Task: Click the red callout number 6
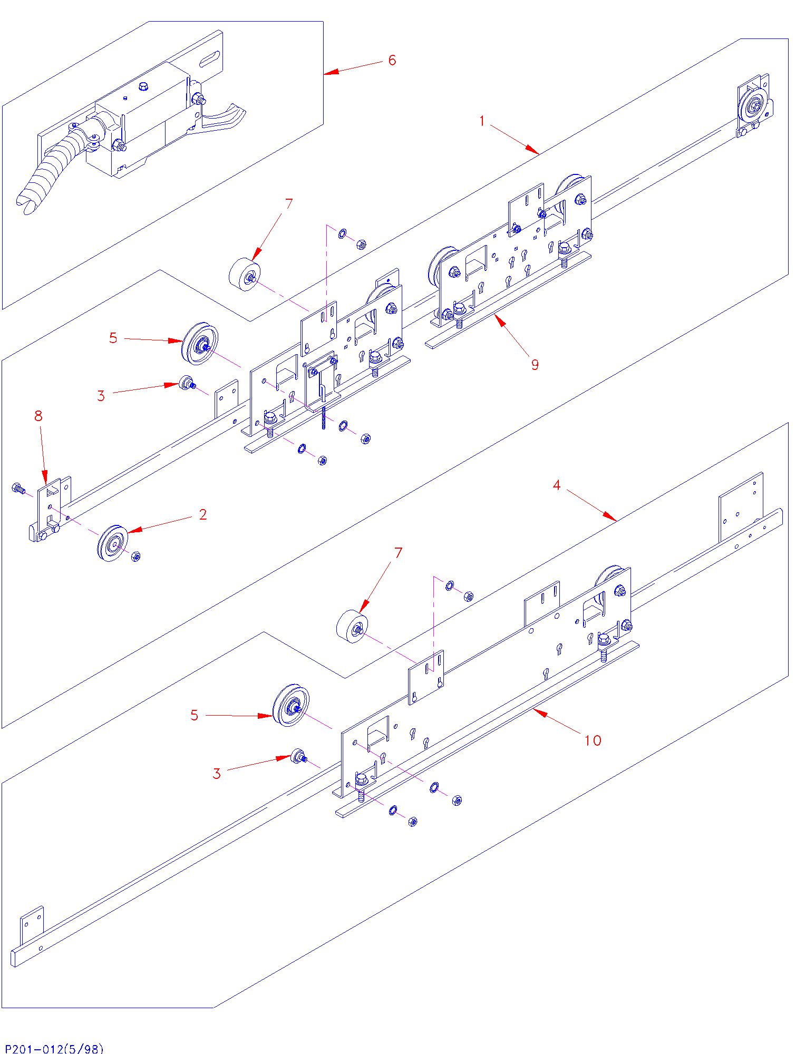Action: coord(392,60)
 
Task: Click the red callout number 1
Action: coord(482,121)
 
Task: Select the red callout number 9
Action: coord(535,365)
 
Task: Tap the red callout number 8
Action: coord(38,416)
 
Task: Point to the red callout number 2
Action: coord(203,514)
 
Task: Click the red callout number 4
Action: coord(557,485)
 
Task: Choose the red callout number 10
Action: coord(593,740)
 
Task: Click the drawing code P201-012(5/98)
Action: coord(54,1048)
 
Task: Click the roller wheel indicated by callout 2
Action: coord(112,543)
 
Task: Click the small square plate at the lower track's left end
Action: coord(32,925)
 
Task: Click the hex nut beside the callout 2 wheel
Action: coord(135,557)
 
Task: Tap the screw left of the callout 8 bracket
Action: coord(18,489)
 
